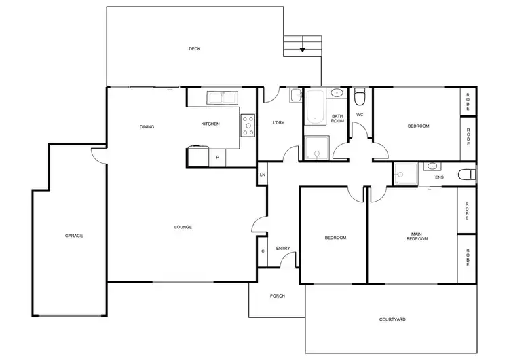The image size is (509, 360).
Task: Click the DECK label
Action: pyautogui.click(x=195, y=48)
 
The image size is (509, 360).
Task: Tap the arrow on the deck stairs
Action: pyautogui.click(x=303, y=49)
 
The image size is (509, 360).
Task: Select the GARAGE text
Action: pyautogui.click(x=74, y=236)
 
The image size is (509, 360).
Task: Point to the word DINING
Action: pyautogui.click(x=147, y=126)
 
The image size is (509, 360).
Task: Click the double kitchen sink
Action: pyautogui.click(x=222, y=98)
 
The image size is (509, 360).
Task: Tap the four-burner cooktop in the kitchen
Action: pyautogui.click(x=248, y=125)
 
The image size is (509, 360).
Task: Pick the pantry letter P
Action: pyautogui.click(x=217, y=158)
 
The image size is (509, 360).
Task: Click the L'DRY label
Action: pyautogui.click(x=278, y=122)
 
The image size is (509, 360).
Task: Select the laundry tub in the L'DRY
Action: pyautogui.click(x=295, y=96)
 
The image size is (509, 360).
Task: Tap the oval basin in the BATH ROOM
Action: pyautogui.click(x=337, y=94)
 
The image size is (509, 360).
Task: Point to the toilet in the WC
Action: pyautogui.click(x=360, y=95)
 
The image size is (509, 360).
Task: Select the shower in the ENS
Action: pyautogui.click(x=406, y=174)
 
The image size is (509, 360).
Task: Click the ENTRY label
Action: pyautogui.click(x=283, y=248)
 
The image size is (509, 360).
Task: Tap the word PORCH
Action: pyautogui.click(x=277, y=296)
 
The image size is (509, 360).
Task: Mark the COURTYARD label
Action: pyautogui.click(x=392, y=319)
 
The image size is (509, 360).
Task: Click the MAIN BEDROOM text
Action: pyautogui.click(x=417, y=236)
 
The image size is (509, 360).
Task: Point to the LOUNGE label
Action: pyautogui.click(x=183, y=226)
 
